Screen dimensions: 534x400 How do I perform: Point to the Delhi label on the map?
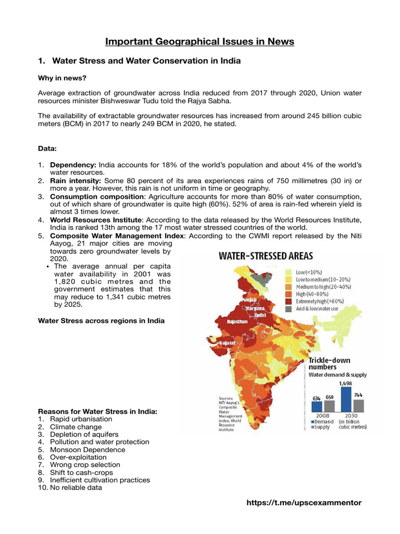259,315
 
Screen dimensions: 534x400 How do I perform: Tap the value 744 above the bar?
358,395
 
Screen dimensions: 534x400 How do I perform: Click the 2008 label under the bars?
322,416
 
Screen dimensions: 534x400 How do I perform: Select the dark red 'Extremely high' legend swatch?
286,301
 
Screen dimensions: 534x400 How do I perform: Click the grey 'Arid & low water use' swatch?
286,309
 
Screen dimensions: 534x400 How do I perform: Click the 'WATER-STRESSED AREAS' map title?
266,256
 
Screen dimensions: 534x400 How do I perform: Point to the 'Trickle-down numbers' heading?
330,363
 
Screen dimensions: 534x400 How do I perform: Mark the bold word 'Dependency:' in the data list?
73,165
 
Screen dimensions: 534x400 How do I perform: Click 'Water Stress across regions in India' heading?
101,320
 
